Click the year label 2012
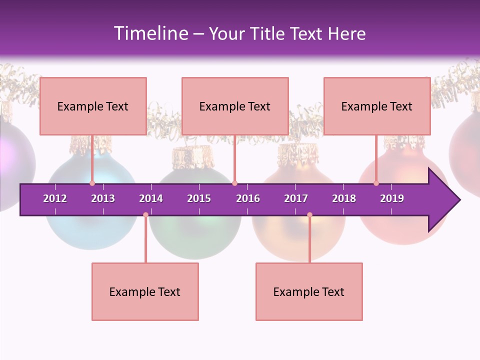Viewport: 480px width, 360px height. [x=55, y=198]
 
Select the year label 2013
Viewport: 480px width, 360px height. [x=103, y=198]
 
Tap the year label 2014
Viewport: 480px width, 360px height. [x=151, y=198]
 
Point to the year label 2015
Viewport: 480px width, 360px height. [x=199, y=198]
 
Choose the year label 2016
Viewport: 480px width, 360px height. [x=248, y=198]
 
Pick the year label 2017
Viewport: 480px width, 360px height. [x=296, y=198]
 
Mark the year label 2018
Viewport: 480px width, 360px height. [x=344, y=198]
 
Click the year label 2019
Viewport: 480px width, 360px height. [x=392, y=198]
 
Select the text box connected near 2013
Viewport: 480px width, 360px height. [x=93, y=106]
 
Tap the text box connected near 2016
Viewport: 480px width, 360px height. [x=235, y=106]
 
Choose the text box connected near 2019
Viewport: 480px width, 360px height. [x=377, y=106]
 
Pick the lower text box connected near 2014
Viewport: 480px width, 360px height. [x=145, y=291]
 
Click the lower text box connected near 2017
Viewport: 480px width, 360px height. [x=309, y=291]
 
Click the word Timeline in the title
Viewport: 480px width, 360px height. [x=150, y=33]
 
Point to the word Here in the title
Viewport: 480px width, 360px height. [x=346, y=33]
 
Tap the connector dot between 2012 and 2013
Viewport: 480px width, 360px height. [x=92, y=183]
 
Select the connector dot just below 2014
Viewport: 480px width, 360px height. [x=145, y=215]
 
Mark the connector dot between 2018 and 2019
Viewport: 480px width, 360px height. [x=376, y=183]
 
